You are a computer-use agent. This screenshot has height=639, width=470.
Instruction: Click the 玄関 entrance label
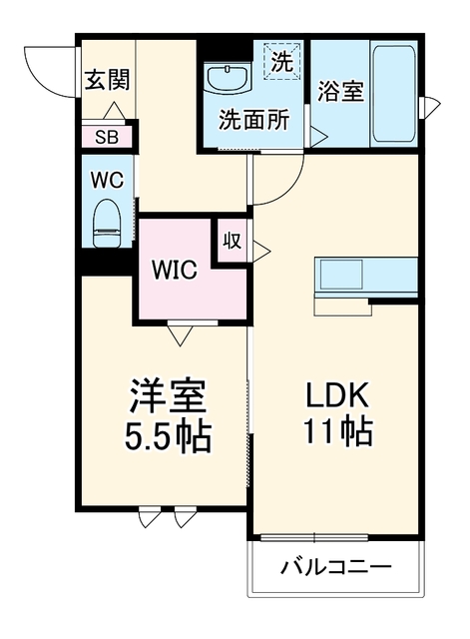107,79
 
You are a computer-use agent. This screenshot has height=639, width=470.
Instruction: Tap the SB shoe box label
107,138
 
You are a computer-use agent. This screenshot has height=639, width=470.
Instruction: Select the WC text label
107,180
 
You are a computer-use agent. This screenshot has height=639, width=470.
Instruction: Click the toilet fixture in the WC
107,223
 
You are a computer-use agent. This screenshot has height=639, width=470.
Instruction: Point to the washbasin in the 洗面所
227,80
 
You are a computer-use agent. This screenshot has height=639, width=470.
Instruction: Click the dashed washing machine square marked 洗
282,61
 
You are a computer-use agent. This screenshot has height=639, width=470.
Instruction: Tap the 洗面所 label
254,120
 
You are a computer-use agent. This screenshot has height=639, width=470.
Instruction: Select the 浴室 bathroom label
340,91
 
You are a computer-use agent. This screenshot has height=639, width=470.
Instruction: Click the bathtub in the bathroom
394,94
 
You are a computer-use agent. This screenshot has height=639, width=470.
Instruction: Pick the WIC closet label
175,269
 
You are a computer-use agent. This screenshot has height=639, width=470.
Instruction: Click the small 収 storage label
233,241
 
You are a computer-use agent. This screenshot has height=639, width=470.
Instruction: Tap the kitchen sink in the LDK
341,274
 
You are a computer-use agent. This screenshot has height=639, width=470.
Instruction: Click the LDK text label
337,395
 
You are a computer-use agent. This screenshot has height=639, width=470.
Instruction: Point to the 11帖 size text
337,430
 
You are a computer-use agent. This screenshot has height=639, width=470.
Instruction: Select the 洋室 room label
168,395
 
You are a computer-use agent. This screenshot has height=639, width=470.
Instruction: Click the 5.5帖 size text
168,435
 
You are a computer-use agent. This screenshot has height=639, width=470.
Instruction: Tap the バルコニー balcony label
336,566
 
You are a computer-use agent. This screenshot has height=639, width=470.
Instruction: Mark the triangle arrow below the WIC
180,335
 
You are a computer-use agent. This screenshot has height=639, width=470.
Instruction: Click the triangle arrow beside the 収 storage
261,251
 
